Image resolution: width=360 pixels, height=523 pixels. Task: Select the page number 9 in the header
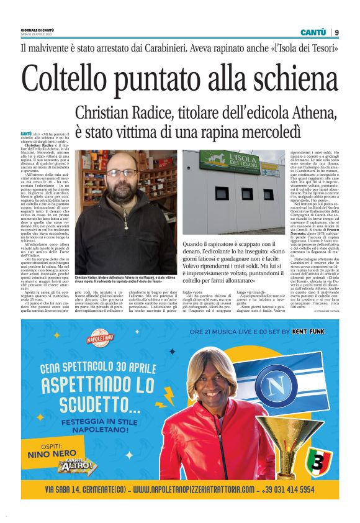(x=336, y=32)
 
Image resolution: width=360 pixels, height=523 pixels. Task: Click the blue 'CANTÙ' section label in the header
(x=313, y=32)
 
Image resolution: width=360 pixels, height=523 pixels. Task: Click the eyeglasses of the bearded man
(x=122, y=174)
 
